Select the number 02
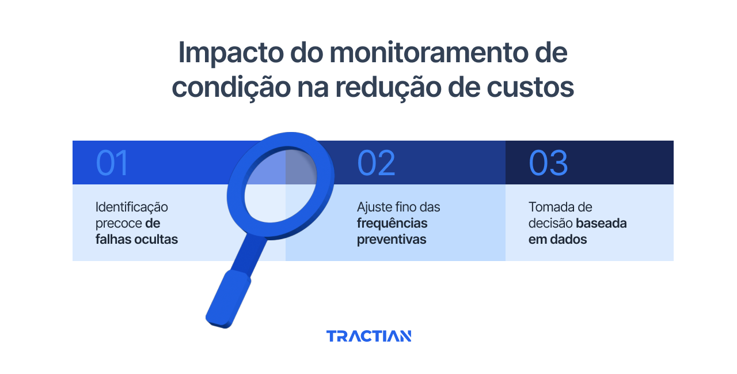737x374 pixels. [376, 163]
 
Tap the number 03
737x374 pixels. [548, 163]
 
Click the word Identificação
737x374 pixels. [132, 207]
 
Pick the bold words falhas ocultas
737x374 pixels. [136, 239]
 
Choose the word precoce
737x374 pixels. [119, 223]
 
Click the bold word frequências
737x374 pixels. [392, 223]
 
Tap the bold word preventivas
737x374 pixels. [392, 239]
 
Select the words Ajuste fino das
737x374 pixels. [398, 207]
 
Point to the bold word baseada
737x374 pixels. [602, 223]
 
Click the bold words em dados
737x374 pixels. [557, 239]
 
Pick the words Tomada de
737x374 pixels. [560, 207]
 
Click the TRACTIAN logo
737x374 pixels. [368, 336]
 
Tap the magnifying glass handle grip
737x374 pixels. [229, 300]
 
